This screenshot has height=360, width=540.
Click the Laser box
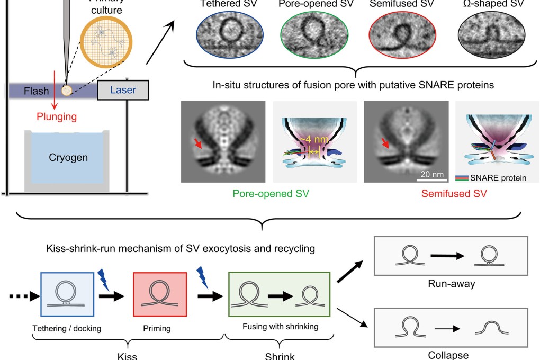pyautogui.click(x=123, y=90)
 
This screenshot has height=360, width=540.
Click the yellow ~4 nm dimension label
pyautogui.click(x=310, y=140)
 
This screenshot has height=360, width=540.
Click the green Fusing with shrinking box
pyautogui.click(x=280, y=294)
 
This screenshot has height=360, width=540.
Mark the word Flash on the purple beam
pyautogui.click(x=38, y=91)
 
